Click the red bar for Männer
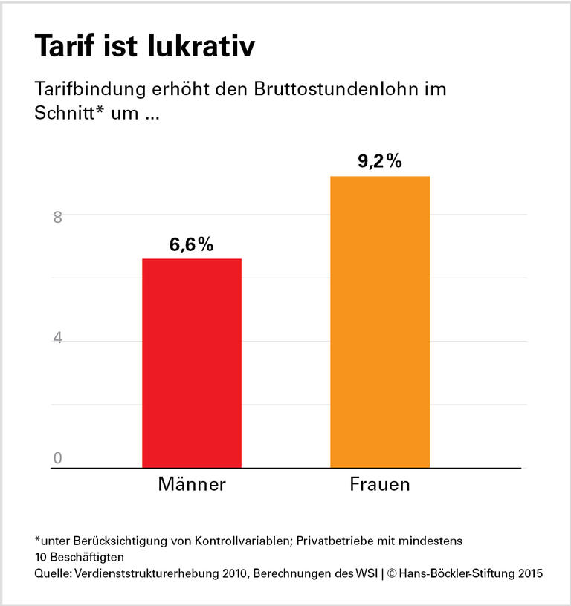192,363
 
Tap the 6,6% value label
191,244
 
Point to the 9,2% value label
379,161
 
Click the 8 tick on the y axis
57,216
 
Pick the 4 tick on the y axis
57,339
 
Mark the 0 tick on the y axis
57,459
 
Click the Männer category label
192,486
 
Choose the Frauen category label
380,486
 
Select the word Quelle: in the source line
54,574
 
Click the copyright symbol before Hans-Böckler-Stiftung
392,574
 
